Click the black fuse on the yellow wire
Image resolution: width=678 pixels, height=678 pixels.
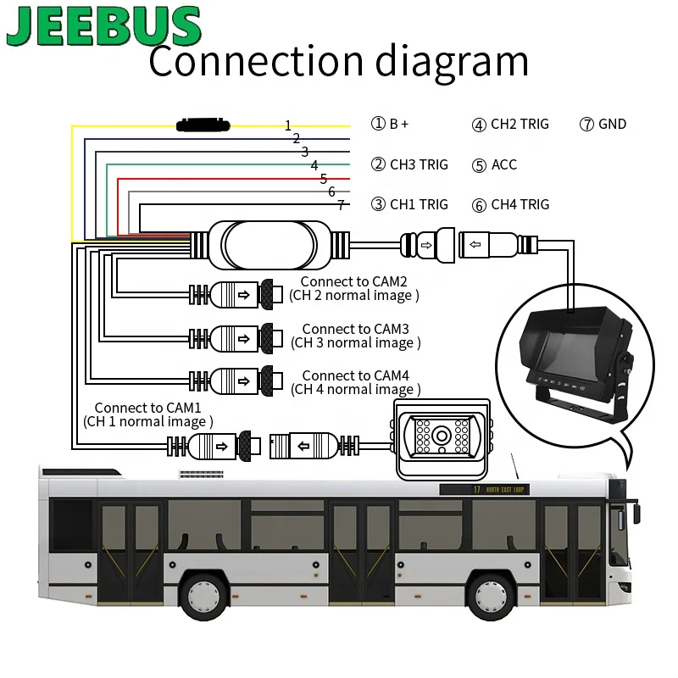tap(203, 125)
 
